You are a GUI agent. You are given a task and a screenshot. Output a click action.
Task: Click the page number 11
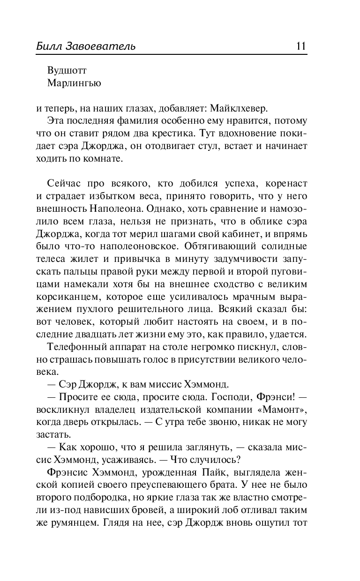coord(300,46)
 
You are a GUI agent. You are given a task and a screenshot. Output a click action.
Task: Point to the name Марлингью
coord(74,83)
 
